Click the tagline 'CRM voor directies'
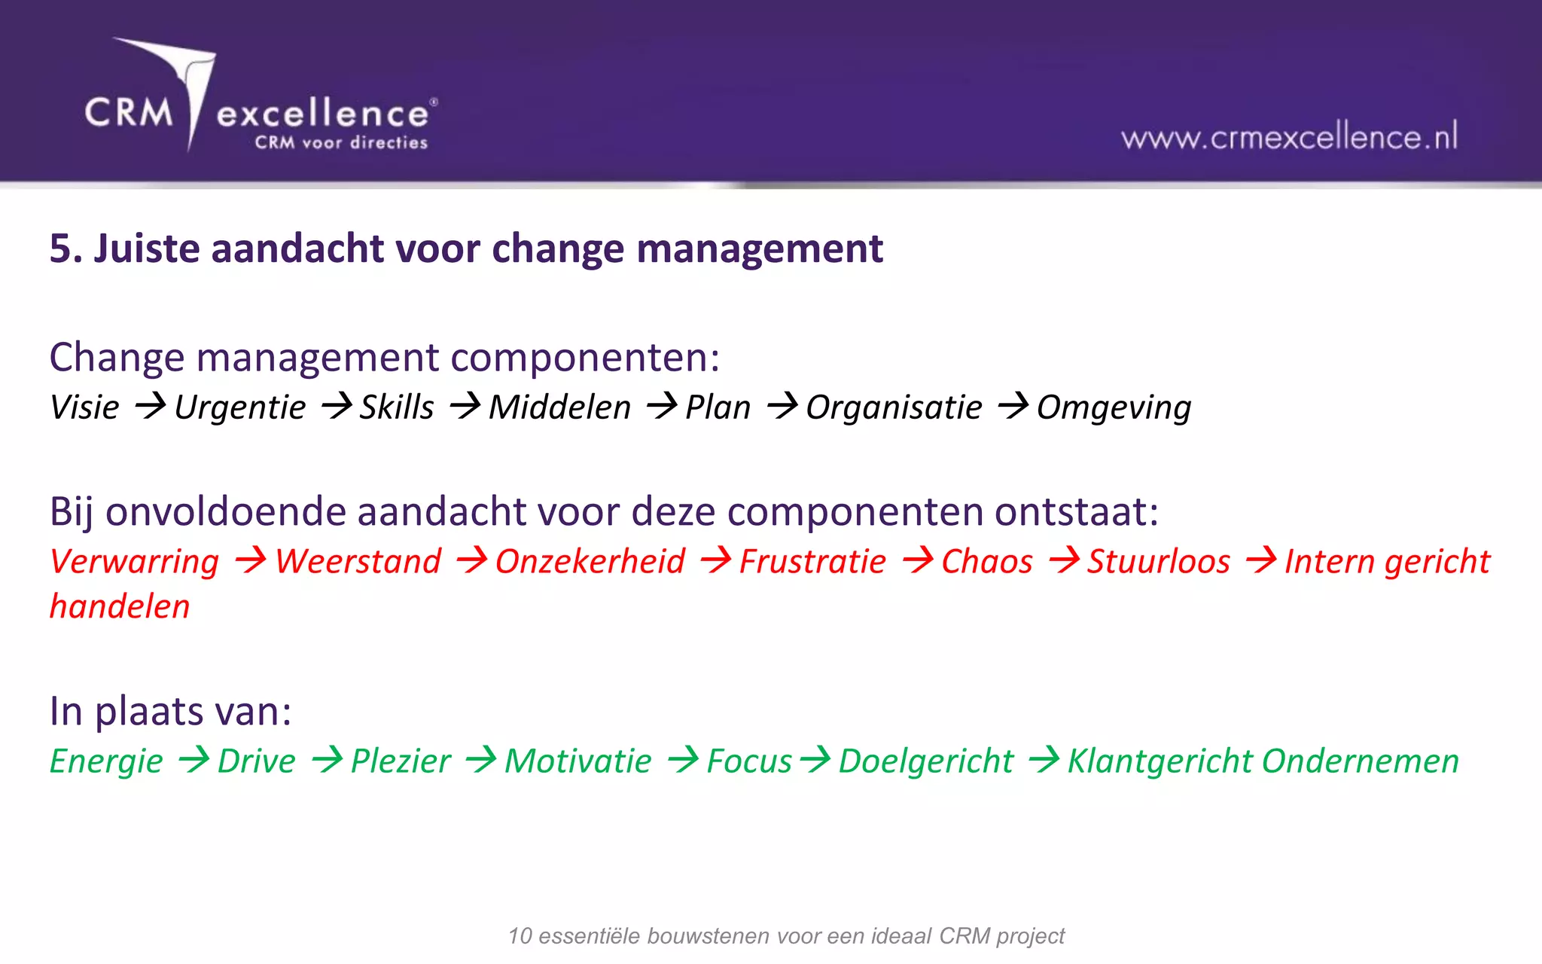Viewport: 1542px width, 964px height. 341,143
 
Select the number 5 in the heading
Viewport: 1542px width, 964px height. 61,249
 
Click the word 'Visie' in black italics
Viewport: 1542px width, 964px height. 84,407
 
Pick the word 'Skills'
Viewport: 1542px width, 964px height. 397,407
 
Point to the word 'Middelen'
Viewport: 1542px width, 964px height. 559,407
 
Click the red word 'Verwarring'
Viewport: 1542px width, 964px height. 134,562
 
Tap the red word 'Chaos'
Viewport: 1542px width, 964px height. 986,562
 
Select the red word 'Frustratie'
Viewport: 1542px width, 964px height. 812,562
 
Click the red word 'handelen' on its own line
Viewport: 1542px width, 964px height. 120,607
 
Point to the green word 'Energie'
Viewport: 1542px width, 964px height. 106,761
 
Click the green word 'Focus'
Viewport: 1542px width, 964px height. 749,761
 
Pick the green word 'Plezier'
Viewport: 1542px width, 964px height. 401,761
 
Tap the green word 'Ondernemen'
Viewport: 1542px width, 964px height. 1361,761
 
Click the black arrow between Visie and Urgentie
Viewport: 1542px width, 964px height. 150,407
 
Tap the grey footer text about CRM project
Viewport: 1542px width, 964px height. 786,936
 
